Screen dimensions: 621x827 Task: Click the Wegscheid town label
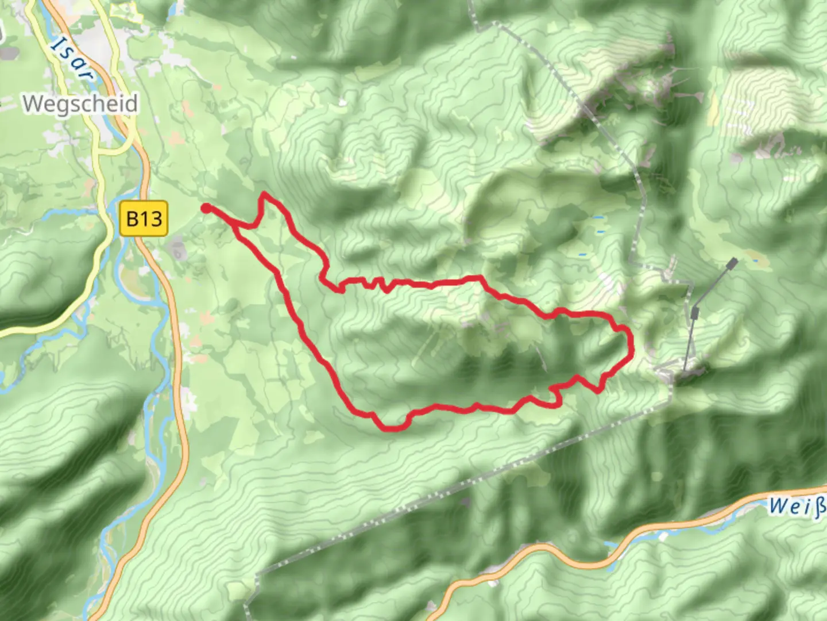click(80, 104)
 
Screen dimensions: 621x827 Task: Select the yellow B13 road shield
click(144, 218)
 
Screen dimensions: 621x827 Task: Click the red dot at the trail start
click(206, 208)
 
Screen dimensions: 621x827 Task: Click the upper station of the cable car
click(732, 263)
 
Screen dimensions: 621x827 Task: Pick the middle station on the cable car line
click(694, 312)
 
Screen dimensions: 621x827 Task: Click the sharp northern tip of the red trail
click(264, 194)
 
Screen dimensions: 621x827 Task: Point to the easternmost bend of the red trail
click(632, 345)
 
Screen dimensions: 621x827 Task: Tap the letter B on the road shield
click(132, 219)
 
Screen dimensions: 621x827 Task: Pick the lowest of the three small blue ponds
click(583, 254)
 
